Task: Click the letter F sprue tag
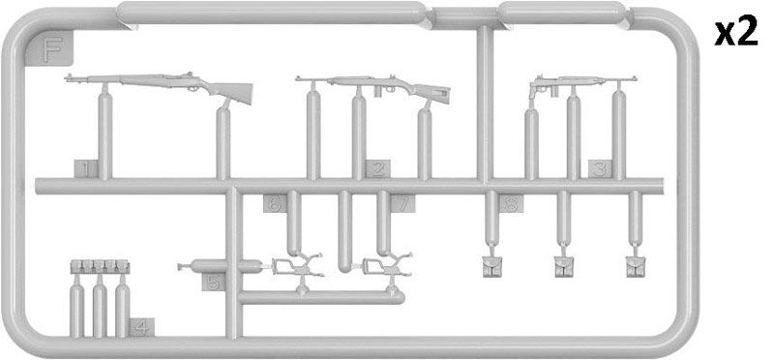click(x=49, y=48)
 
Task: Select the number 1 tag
click(x=86, y=169)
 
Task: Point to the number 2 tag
click(x=378, y=169)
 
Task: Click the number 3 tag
click(x=600, y=169)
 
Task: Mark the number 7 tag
click(x=402, y=203)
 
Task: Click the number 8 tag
click(x=511, y=203)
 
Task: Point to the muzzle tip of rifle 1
click(x=66, y=77)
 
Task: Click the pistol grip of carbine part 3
click(x=533, y=91)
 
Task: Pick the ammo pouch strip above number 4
click(x=101, y=266)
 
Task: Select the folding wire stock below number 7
click(x=388, y=267)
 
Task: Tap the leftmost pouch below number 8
click(x=491, y=267)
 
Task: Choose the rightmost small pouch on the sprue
click(x=636, y=267)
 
